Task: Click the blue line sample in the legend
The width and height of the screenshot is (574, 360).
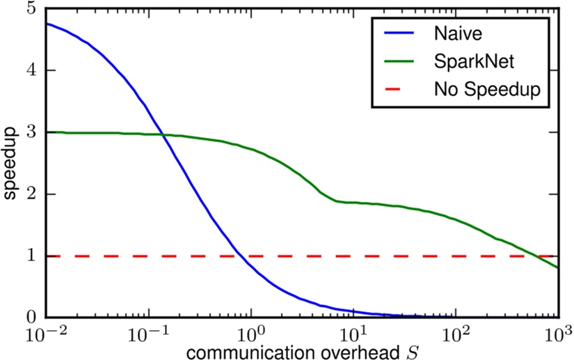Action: tap(397, 32)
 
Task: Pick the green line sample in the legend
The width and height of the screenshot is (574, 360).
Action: tap(397, 61)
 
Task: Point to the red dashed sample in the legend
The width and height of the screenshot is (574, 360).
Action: tap(397, 91)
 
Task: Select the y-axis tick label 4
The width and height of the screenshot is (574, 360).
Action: tap(29, 70)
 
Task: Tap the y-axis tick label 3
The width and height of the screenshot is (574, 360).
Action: tap(29, 132)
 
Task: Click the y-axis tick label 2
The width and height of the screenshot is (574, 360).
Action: tap(29, 194)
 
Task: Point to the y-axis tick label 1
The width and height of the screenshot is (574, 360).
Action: tap(29, 256)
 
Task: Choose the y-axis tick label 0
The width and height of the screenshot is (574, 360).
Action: tap(29, 318)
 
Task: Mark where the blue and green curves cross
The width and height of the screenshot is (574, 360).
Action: tap(164, 135)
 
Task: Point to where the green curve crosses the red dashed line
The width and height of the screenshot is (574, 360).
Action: tap(538, 256)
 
